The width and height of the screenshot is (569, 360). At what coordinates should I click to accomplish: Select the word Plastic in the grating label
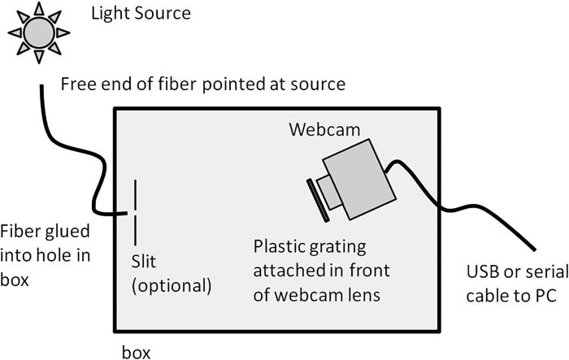(x=277, y=245)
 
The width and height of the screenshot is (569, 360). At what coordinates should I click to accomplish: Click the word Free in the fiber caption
(x=77, y=84)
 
